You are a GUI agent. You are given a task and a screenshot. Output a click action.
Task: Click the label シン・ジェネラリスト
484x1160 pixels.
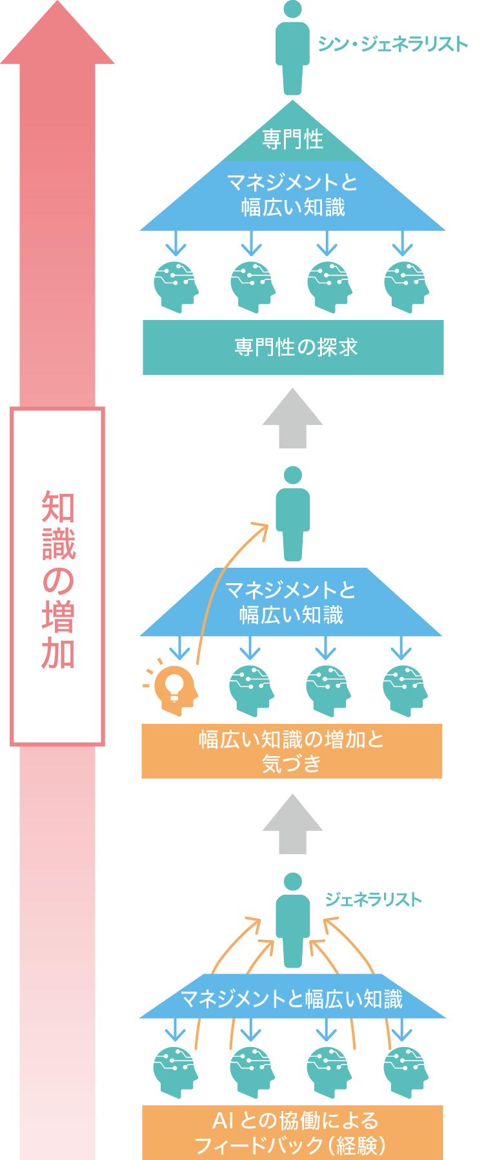392,44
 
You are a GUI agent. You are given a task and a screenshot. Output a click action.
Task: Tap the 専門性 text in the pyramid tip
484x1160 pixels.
293,139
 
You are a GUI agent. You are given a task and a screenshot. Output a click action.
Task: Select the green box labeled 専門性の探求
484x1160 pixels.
293,347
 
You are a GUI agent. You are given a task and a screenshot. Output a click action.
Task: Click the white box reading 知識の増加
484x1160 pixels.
57,577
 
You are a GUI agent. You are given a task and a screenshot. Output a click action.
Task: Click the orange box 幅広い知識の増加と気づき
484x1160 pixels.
292,751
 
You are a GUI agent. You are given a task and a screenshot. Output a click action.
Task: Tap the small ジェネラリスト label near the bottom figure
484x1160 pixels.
373,899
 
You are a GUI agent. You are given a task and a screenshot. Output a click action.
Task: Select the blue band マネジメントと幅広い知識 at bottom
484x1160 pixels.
293,996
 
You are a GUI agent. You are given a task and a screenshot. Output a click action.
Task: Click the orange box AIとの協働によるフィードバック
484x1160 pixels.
292,1132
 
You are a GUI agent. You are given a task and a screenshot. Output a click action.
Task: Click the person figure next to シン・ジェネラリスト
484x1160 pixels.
293,48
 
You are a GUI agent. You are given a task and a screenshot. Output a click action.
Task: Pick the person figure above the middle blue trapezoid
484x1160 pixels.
293,514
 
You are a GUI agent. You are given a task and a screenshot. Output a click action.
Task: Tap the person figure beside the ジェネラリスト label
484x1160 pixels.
293,920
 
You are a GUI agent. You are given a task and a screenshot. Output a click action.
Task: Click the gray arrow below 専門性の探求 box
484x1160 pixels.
293,418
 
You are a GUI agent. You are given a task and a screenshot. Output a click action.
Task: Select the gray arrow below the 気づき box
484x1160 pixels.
293,824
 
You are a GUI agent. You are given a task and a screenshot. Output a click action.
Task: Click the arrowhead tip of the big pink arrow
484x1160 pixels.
57,1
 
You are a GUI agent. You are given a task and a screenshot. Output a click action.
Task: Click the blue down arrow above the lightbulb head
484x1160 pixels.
179,647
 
